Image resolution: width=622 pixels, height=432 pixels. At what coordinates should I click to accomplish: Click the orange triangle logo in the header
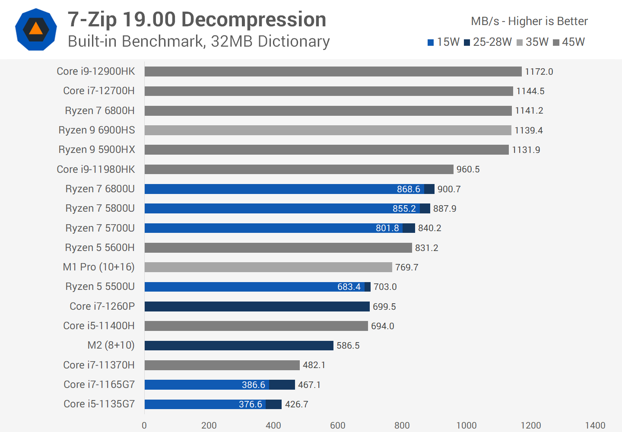(36, 29)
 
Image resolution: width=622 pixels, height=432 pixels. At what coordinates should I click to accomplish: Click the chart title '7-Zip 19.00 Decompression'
(197, 19)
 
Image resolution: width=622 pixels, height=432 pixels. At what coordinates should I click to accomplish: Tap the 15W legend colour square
(431, 42)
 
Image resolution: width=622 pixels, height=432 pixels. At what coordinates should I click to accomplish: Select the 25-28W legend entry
(488, 42)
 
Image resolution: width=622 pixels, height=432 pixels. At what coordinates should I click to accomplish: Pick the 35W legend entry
(533, 42)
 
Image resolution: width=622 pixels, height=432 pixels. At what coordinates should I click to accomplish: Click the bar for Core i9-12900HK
(333, 71)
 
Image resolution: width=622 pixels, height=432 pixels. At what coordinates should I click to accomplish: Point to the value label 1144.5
(530, 91)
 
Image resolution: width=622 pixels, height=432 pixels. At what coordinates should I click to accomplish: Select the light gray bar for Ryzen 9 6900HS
(327, 130)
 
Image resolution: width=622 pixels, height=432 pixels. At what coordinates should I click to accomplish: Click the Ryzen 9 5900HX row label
(97, 149)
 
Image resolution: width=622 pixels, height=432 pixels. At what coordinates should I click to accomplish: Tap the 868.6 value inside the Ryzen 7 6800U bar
(408, 189)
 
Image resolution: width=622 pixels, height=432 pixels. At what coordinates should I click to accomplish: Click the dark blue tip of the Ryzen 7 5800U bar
(425, 209)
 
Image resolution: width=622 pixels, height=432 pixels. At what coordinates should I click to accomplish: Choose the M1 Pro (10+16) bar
(268, 267)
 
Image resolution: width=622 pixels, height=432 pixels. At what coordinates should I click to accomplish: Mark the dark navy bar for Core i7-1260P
(257, 306)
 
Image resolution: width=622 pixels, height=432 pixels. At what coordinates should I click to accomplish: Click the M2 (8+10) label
(111, 345)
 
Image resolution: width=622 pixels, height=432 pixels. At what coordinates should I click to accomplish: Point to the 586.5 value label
(348, 346)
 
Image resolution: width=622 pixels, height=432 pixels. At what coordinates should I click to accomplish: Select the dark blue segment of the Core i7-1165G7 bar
(282, 384)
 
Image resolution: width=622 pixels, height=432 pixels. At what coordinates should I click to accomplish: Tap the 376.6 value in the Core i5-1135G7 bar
(250, 404)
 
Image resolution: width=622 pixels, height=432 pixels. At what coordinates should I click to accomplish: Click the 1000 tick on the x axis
(466, 425)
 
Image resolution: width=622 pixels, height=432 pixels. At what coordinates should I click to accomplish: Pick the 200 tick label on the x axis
(209, 425)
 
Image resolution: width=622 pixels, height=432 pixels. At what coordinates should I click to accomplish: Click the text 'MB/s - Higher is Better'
(529, 21)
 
